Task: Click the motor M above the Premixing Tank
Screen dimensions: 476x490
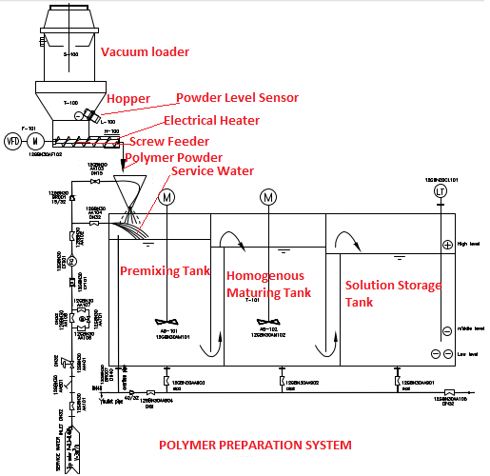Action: click(167, 197)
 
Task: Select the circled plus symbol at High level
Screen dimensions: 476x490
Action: click(447, 245)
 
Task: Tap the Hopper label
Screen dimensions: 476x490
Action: click(128, 99)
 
